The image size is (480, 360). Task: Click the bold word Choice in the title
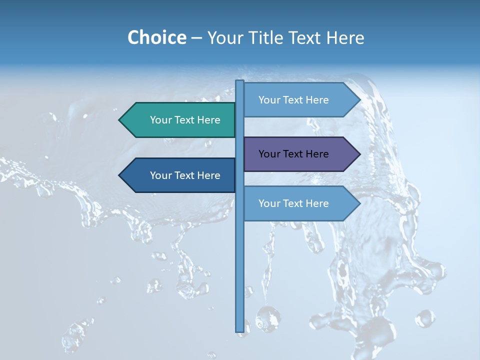click(156, 37)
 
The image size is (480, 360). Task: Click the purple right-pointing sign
click(297, 154)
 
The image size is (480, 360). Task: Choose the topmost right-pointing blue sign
click(297, 100)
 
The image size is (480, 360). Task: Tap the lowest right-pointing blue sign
click(297, 203)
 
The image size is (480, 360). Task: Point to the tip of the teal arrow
click(120, 120)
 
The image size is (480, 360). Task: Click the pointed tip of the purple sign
click(359, 154)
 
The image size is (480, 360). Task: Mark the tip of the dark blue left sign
click(120, 175)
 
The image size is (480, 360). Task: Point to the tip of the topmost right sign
click(359, 100)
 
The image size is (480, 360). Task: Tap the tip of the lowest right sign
click(359, 203)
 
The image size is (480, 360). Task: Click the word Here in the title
click(345, 37)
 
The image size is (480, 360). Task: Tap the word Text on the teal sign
click(185, 120)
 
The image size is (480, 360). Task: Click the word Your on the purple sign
click(268, 154)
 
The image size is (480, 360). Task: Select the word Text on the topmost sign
click(293, 100)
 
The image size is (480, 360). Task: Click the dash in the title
click(196, 38)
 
